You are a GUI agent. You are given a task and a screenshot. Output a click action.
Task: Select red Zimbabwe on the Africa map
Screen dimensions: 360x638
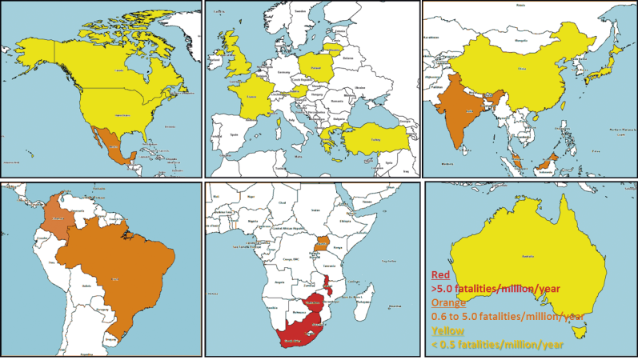coord(314,303)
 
